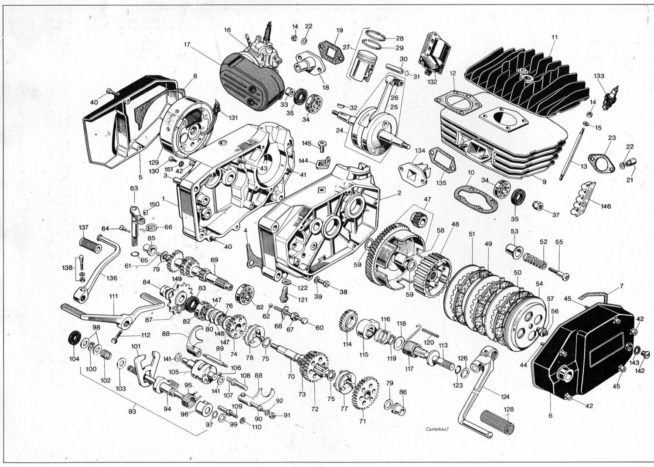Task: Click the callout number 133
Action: (599, 76)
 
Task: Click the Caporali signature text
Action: (437, 429)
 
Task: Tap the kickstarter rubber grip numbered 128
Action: (497, 423)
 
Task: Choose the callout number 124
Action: (505, 397)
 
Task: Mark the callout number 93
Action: (133, 411)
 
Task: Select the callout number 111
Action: (113, 296)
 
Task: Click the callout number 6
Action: (550, 415)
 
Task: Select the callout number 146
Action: (606, 206)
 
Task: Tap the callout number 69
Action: (214, 260)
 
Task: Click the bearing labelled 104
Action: (75, 338)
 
